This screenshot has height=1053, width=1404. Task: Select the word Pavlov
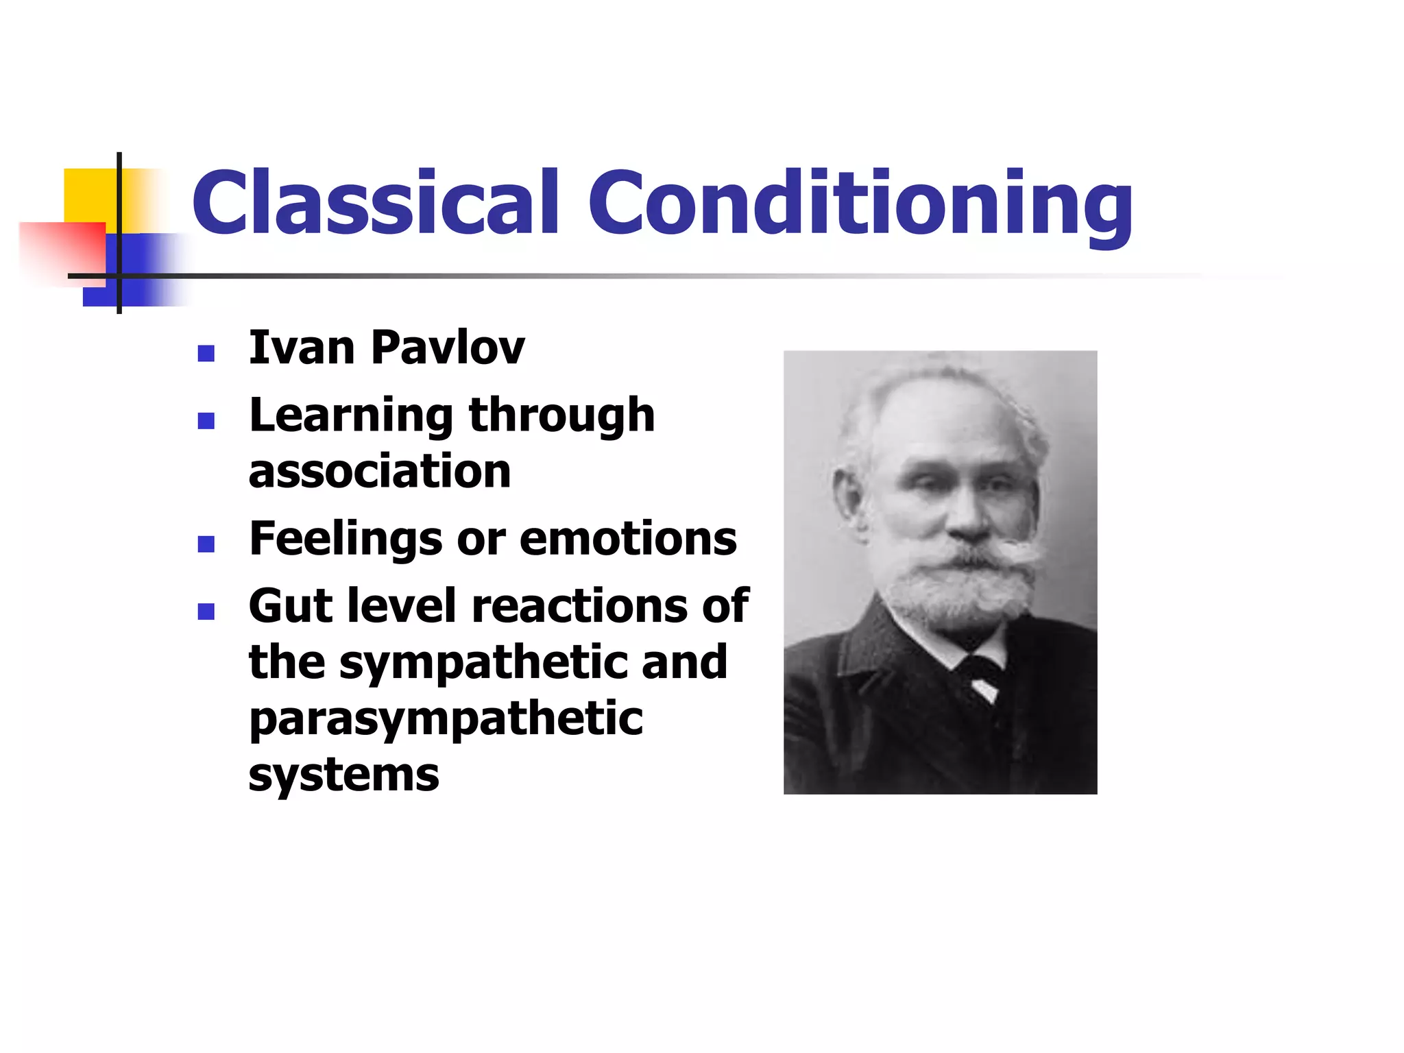click(448, 348)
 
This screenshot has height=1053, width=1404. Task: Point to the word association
click(380, 472)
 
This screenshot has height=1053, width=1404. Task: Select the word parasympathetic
click(446, 720)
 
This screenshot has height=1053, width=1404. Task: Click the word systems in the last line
click(343, 775)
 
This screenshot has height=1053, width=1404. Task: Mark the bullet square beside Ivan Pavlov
click(206, 353)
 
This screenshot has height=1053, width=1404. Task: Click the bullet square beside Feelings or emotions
click(206, 544)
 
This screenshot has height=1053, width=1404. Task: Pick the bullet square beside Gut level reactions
click(206, 611)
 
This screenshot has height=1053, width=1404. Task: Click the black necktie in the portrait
click(980, 675)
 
